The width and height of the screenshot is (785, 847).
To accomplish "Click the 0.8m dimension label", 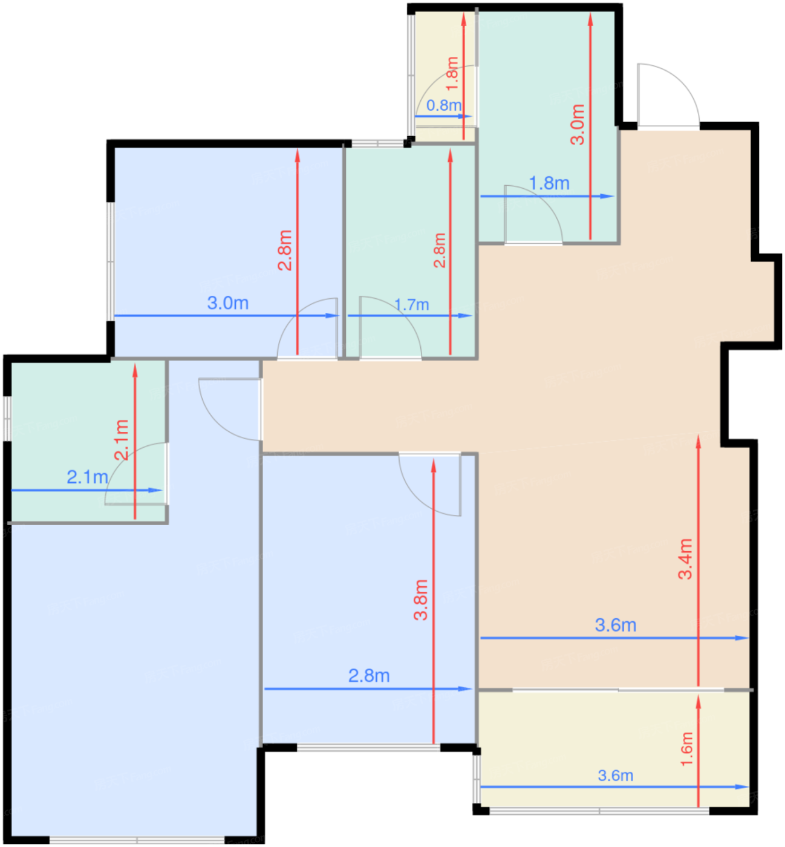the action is [444, 105].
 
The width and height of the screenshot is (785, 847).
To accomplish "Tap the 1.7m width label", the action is [411, 304].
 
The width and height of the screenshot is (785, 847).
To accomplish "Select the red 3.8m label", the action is [420, 600].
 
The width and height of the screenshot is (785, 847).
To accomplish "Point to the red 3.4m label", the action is [685, 558].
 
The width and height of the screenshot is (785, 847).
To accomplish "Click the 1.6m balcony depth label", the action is [686, 749].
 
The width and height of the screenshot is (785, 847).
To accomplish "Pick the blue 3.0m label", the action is [227, 303].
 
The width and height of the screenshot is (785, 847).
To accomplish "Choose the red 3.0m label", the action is [578, 125].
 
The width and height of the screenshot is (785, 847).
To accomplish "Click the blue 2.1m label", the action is [88, 477].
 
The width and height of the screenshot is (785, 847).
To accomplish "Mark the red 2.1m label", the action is [121, 440].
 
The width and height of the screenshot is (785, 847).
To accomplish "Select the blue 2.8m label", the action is [369, 676].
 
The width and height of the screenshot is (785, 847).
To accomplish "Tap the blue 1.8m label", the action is [549, 183].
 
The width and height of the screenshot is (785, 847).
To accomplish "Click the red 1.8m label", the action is [452, 73].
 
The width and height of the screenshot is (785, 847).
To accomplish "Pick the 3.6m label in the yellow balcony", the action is [615, 776].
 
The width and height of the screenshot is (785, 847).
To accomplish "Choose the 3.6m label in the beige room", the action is [616, 626].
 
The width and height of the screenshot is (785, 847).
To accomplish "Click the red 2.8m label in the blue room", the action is [284, 250].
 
